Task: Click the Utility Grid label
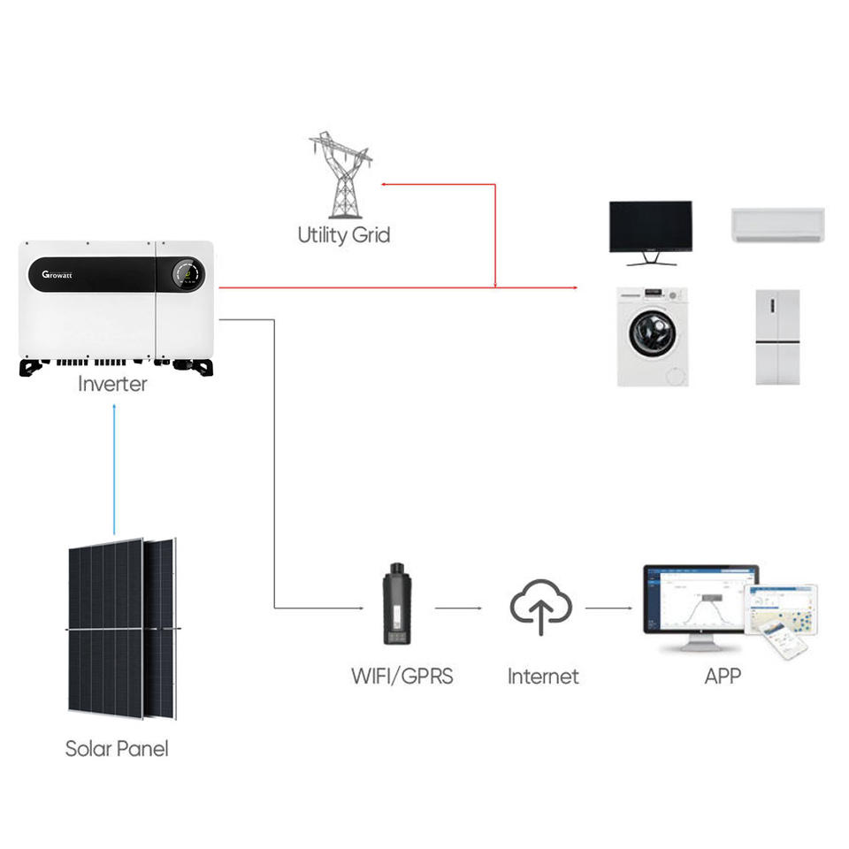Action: click(x=343, y=235)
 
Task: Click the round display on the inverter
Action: click(x=186, y=274)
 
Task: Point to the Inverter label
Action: click(x=112, y=384)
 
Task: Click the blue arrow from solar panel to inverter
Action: click(x=115, y=469)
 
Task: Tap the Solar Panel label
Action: click(x=116, y=748)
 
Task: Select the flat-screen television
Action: click(x=650, y=228)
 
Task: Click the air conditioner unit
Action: click(x=777, y=224)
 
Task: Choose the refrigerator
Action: click(x=777, y=336)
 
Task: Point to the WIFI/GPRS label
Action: click(x=402, y=677)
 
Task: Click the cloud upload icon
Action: click(x=541, y=607)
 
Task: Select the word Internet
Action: click(x=542, y=677)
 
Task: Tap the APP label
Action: click(x=723, y=677)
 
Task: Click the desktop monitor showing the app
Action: click(x=699, y=601)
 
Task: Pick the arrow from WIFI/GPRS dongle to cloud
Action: click(x=459, y=608)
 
